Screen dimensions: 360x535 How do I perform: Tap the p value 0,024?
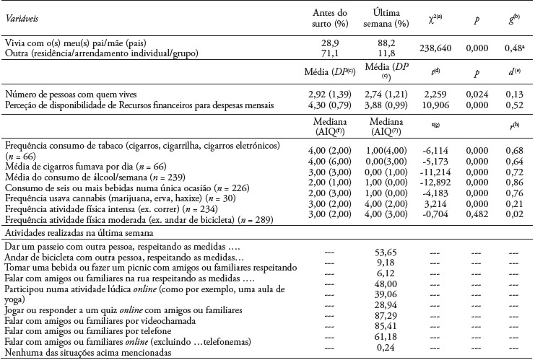pos(475,96)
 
